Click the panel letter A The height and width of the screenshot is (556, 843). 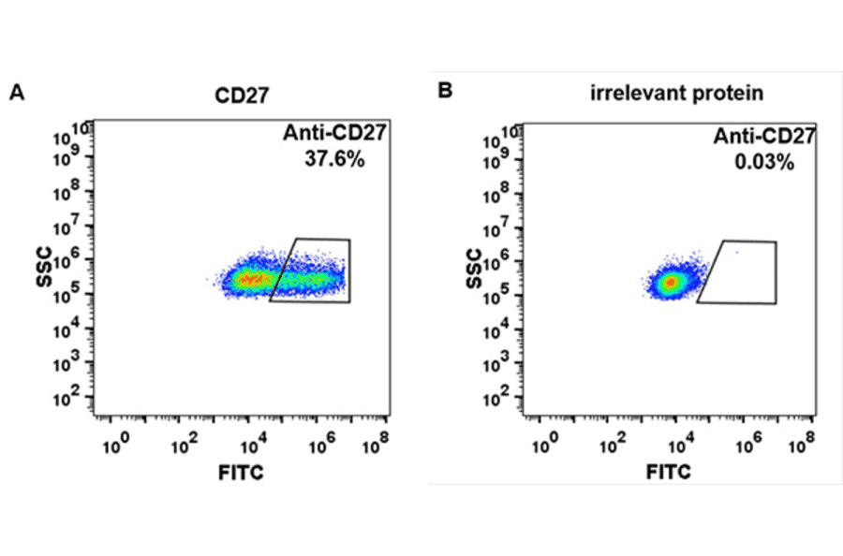click(16, 92)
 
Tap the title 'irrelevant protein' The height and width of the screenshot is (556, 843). click(676, 93)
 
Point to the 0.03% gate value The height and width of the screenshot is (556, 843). click(764, 162)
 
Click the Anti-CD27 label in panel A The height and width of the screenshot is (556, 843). click(334, 135)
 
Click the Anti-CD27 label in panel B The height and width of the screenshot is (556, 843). click(764, 138)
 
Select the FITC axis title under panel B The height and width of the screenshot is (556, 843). click(670, 473)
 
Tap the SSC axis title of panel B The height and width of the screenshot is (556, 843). click(474, 268)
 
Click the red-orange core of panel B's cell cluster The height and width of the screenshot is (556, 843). click(670, 281)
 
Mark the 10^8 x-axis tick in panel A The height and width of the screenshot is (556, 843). click(375, 441)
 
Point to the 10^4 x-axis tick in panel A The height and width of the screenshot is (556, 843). click(249, 441)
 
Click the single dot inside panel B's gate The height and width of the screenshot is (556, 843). click(736, 252)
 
